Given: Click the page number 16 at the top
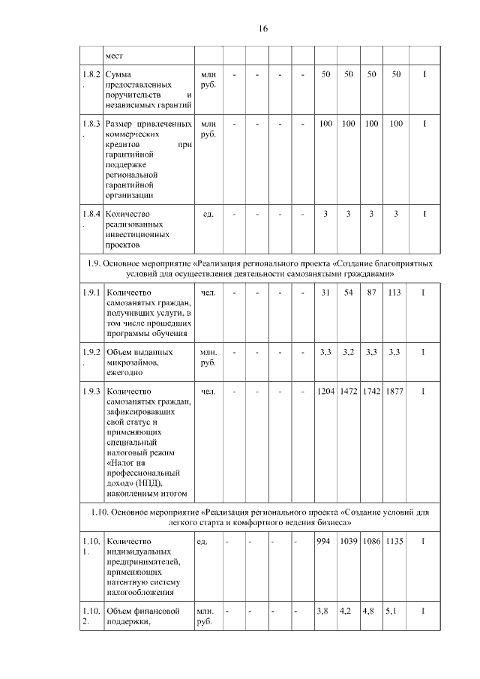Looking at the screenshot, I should coord(262,29).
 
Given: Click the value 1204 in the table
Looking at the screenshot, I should coord(325,391).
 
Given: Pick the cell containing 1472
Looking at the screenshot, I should coord(349,391).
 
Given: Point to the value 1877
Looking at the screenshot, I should coord(394,391).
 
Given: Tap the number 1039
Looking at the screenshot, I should coord(349,541).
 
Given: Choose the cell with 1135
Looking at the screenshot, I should coord(394,541).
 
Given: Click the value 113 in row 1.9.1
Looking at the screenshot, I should coord(394,292).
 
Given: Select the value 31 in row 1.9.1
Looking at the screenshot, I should coord(325,292).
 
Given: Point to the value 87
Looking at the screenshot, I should coord(370,292).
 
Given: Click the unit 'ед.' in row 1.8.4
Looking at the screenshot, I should coord(208,214).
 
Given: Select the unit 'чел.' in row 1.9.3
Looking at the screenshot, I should coord(208,391).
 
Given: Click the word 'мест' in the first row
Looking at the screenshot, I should coord(113,56).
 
